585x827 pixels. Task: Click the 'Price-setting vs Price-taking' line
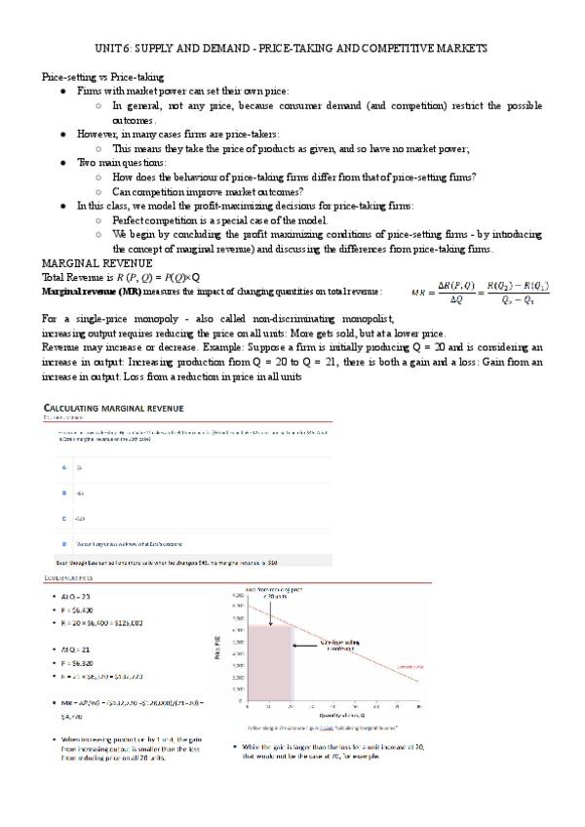(102, 76)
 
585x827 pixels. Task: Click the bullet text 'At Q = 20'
(79, 598)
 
